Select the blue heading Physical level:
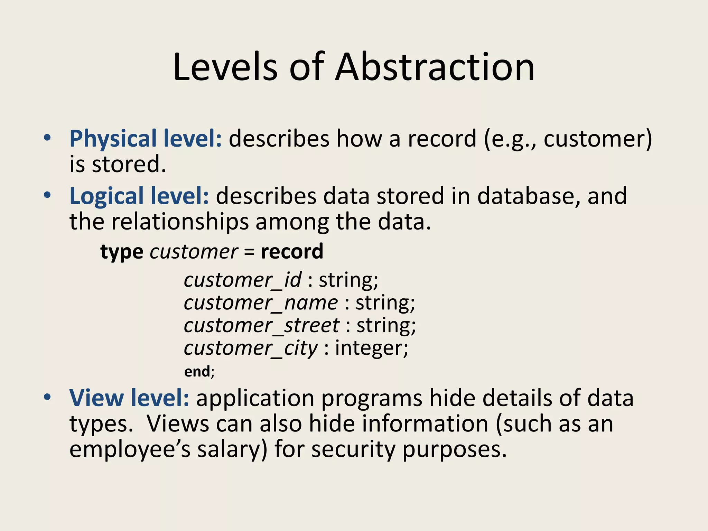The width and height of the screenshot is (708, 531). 146,139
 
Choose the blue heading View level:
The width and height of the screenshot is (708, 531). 129,398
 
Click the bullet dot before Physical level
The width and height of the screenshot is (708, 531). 47,138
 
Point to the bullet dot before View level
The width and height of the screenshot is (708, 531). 47,398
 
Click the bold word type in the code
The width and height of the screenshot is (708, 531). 122,252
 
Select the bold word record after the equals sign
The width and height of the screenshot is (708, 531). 292,251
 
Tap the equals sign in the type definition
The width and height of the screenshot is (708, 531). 249,252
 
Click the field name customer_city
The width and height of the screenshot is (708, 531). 251,348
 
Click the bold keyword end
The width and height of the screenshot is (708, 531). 197,372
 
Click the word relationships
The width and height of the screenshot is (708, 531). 180,222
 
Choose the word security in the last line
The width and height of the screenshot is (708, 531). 353,450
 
